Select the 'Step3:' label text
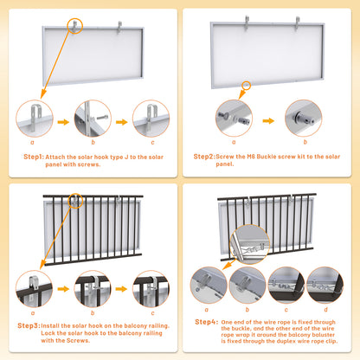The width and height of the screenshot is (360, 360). (28, 325)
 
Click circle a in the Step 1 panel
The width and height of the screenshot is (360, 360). (35, 119)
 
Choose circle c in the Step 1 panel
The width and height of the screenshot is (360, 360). (151, 119)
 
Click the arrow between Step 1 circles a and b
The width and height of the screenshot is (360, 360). (64, 119)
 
